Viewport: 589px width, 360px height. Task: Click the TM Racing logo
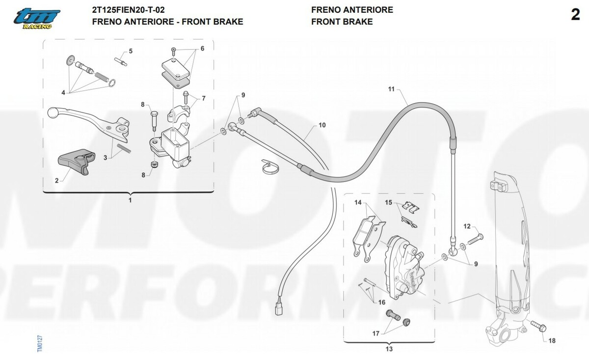point(36,19)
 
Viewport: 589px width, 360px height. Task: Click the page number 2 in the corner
point(575,15)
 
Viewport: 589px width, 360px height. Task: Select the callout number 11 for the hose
point(391,89)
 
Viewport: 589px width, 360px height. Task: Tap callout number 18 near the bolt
point(552,341)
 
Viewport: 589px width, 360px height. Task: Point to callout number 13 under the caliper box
point(389,350)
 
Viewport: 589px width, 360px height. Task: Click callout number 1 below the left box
point(130,200)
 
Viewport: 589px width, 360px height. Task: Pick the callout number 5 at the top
point(131,51)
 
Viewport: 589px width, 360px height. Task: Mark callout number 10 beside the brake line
point(322,125)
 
